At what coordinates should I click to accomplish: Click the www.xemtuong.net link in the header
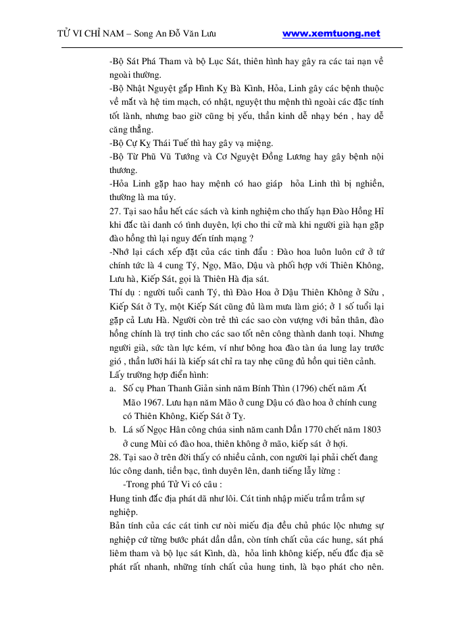click(331, 33)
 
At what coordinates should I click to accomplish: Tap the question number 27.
click(115, 211)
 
